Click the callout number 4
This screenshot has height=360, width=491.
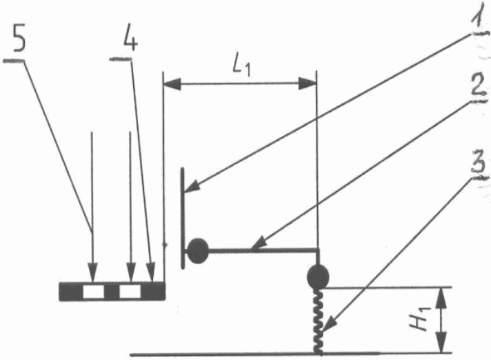click(130, 41)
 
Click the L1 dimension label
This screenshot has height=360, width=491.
click(241, 66)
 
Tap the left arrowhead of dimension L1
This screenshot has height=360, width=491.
click(172, 84)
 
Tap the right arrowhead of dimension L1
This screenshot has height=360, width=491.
click(307, 83)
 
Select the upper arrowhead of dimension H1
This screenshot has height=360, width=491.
click(441, 297)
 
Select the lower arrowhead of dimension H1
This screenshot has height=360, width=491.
click(441, 343)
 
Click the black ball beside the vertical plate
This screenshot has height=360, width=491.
click(198, 251)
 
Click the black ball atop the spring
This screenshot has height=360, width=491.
click(318, 277)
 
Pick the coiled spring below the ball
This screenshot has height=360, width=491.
click(318, 321)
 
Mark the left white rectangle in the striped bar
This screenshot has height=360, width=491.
click(93, 292)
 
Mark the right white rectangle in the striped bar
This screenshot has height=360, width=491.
click(130, 292)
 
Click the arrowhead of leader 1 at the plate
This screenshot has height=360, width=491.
click(191, 186)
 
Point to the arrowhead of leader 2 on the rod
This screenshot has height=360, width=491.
click(259, 245)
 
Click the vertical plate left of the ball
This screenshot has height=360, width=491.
click(183, 218)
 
